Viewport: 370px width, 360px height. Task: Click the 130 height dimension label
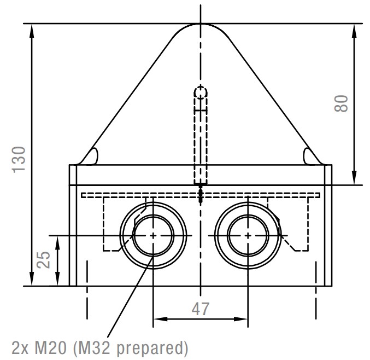tap(19, 160)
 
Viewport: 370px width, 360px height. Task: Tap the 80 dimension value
tap(341, 103)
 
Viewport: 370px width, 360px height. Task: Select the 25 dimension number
tap(44, 260)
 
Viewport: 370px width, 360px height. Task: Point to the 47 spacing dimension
tap(201, 309)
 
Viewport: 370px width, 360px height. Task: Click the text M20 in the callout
tap(50, 348)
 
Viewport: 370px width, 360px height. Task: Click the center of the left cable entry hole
tap(154, 235)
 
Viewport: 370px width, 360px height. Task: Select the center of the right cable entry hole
tap(248, 235)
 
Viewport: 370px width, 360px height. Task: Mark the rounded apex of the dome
tap(201, 24)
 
